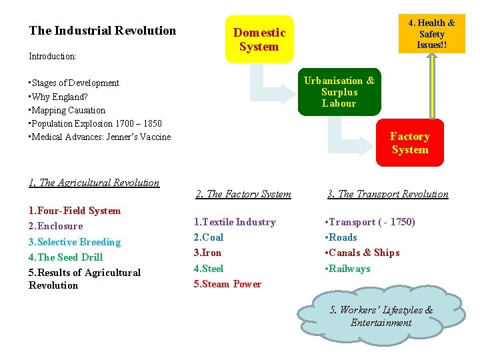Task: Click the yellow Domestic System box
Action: point(259,39)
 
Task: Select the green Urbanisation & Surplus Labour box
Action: point(339,92)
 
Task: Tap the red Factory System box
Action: point(409,143)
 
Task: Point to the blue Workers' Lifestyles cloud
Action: point(381,316)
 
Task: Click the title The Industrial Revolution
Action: point(103,31)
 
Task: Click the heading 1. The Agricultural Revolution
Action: point(94,183)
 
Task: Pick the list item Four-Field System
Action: point(75,211)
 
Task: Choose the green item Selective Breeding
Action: point(75,242)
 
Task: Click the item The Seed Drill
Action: point(66,257)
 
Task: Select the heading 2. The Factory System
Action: point(243,194)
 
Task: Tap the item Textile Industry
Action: point(235,222)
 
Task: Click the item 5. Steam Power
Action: point(227,284)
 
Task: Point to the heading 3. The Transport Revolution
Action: point(387,194)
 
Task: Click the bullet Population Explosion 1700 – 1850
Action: point(95,123)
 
